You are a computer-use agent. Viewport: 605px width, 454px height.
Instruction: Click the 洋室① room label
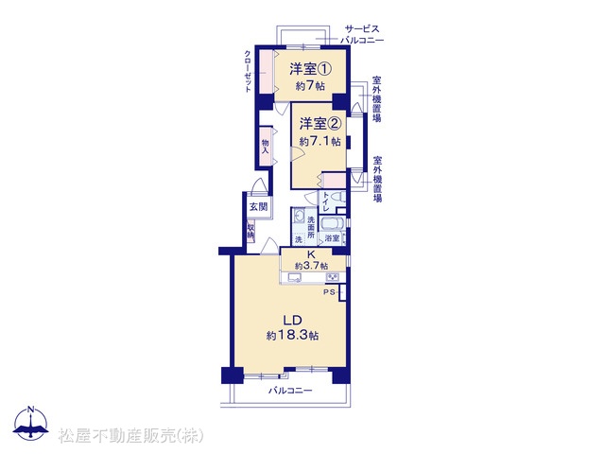(x=311, y=69)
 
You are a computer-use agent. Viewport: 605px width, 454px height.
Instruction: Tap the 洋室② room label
(x=320, y=124)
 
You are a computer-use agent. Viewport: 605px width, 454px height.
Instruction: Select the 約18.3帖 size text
(x=292, y=336)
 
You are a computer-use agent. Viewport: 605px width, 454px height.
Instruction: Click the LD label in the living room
(x=292, y=320)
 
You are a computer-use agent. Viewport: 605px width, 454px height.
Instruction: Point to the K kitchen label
(x=311, y=254)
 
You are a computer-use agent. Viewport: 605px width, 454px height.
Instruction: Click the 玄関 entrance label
(x=258, y=206)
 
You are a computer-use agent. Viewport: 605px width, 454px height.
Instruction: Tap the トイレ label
(x=325, y=201)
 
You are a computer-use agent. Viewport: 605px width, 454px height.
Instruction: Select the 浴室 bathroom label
(x=332, y=238)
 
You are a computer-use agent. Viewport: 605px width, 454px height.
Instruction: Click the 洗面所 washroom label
(x=311, y=227)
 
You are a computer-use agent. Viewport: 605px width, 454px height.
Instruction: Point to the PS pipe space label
(x=329, y=292)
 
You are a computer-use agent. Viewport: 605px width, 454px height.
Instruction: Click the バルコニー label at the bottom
(x=290, y=391)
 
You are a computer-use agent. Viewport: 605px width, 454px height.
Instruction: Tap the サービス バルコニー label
(x=362, y=34)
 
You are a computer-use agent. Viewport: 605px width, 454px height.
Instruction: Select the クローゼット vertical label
(x=248, y=71)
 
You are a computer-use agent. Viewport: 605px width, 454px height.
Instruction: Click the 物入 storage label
(x=265, y=147)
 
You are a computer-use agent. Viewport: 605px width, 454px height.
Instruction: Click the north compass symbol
(x=31, y=423)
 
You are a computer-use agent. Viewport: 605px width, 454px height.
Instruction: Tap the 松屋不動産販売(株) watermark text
(x=130, y=436)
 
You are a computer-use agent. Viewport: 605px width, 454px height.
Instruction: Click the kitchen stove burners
(x=333, y=277)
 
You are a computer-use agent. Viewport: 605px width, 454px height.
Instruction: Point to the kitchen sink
(x=295, y=277)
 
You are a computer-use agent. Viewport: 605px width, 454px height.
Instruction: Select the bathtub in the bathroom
(x=332, y=224)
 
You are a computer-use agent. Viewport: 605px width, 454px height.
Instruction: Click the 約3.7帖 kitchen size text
(x=312, y=266)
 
